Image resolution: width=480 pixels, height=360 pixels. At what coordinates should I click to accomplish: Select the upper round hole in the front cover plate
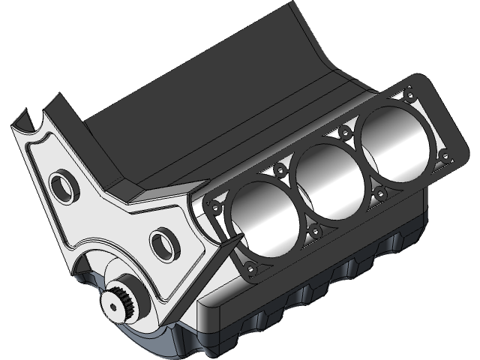click(x=61, y=184)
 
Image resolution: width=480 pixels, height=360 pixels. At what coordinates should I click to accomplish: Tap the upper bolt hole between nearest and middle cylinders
click(x=280, y=170)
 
